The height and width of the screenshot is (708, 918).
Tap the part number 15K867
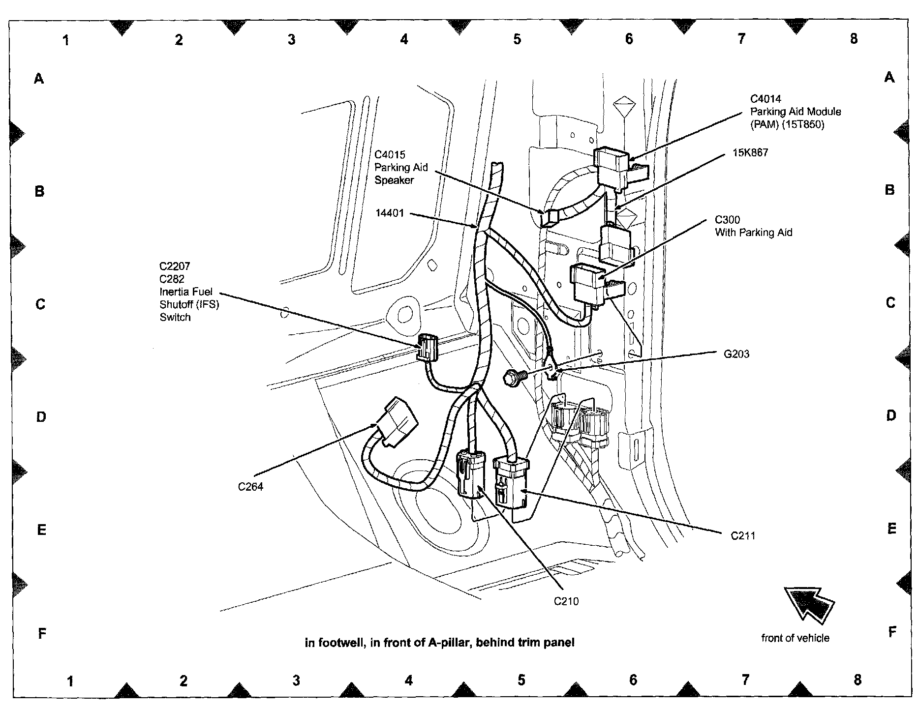tap(750, 152)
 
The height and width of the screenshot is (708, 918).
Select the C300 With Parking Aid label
tap(753, 226)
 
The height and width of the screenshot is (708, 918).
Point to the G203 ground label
tap(736, 354)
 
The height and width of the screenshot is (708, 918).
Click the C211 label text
tap(743, 535)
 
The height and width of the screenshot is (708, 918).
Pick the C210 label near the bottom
tap(566, 601)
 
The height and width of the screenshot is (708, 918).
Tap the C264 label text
tap(250, 487)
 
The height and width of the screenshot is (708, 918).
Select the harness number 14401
tap(389, 213)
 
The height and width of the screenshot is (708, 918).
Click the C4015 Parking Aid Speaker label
tap(401, 167)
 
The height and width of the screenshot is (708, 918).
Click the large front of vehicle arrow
tap(809, 605)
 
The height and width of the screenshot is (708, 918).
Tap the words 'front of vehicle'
tap(795, 638)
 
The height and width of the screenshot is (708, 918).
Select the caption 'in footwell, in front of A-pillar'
tap(439, 642)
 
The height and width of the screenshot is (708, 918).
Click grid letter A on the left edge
tap(39, 78)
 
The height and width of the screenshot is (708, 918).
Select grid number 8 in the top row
tap(854, 38)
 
